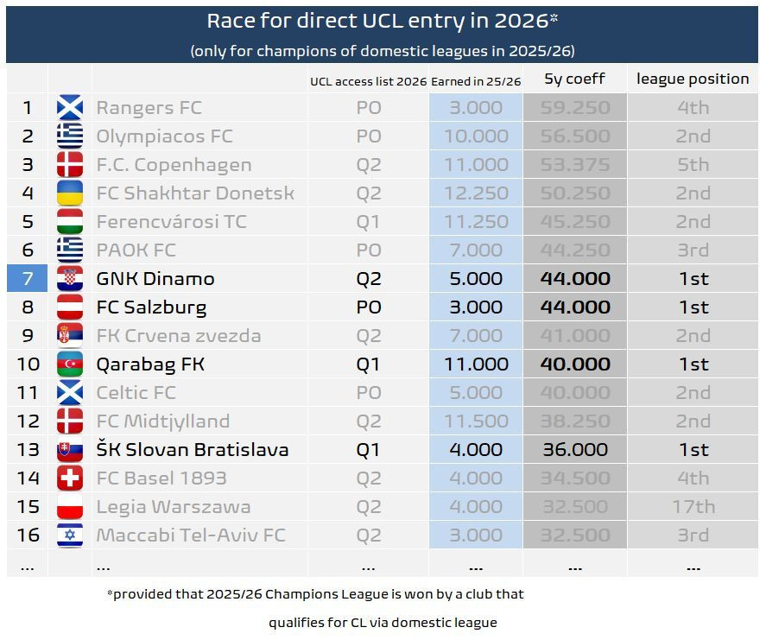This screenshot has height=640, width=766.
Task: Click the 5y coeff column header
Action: click(x=574, y=79)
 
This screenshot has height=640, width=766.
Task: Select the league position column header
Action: click(x=693, y=79)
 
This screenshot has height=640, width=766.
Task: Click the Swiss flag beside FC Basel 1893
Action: click(x=70, y=478)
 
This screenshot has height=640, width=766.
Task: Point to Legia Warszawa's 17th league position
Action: click(x=693, y=507)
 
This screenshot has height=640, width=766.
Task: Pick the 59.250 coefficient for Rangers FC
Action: click(x=574, y=108)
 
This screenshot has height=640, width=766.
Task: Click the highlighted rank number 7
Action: click(x=28, y=279)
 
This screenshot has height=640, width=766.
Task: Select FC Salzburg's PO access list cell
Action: click(x=369, y=307)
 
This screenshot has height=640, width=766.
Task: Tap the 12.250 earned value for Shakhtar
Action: click(x=476, y=193)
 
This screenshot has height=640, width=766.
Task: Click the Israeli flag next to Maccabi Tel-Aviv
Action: click(x=70, y=535)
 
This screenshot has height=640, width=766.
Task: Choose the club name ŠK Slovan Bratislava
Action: click(x=192, y=450)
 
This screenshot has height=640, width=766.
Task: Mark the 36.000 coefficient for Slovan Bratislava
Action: click(x=574, y=450)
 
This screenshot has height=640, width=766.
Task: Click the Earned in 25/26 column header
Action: click(x=477, y=82)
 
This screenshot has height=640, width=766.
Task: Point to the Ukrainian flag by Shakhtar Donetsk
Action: click(x=70, y=193)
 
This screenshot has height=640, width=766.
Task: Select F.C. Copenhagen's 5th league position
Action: click(x=693, y=165)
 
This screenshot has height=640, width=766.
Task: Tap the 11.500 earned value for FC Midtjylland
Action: click(x=476, y=421)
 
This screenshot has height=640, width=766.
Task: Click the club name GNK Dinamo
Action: click(x=155, y=279)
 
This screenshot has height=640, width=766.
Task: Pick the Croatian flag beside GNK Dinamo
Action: click(x=70, y=279)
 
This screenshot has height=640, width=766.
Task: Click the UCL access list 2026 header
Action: click(x=369, y=82)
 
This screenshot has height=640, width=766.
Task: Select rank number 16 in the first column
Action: click(x=28, y=535)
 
